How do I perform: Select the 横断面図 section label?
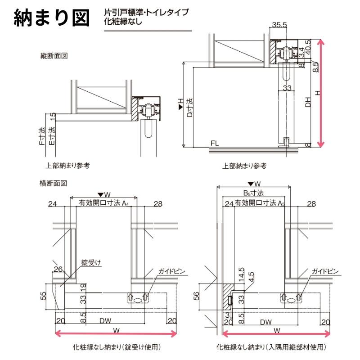(54, 183)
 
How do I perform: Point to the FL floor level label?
(214, 144)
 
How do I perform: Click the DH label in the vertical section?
(308, 103)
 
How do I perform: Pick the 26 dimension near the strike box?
(58, 270)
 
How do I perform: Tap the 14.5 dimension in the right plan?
(242, 274)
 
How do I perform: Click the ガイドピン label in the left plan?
(171, 271)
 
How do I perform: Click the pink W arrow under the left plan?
(116, 334)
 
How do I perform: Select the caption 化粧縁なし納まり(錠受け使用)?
(117, 347)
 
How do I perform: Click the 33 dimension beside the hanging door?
(288, 88)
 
